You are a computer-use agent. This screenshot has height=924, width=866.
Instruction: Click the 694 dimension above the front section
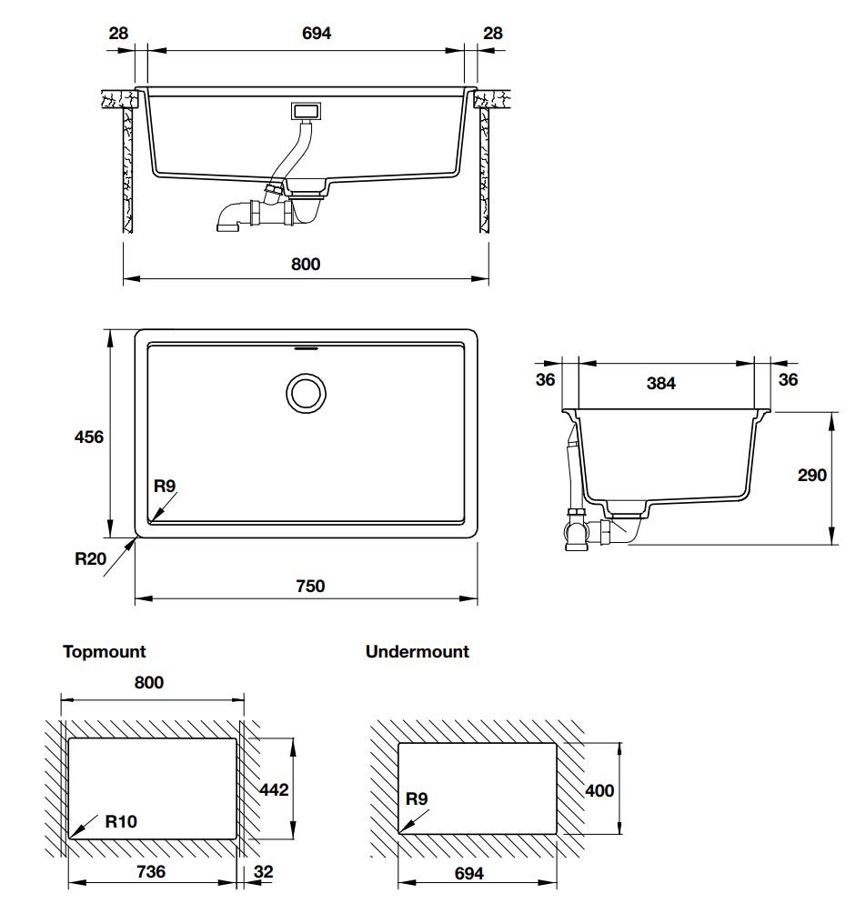point(317,34)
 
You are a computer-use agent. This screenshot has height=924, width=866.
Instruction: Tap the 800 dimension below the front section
point(306,264)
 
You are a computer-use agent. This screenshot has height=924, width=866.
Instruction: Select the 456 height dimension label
point(89,437)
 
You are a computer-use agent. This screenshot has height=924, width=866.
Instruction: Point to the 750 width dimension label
point(310,586)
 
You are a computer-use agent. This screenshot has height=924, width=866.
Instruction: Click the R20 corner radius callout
point(90,558)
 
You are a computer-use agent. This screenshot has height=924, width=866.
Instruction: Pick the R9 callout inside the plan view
point(165,486)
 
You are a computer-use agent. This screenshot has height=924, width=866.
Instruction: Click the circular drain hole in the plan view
point(306,393)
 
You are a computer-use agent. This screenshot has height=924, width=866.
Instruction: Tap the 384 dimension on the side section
point(660,383)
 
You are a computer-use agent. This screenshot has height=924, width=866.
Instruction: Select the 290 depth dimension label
point(811,475)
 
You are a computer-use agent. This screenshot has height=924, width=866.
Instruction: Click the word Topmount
point(105,652)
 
